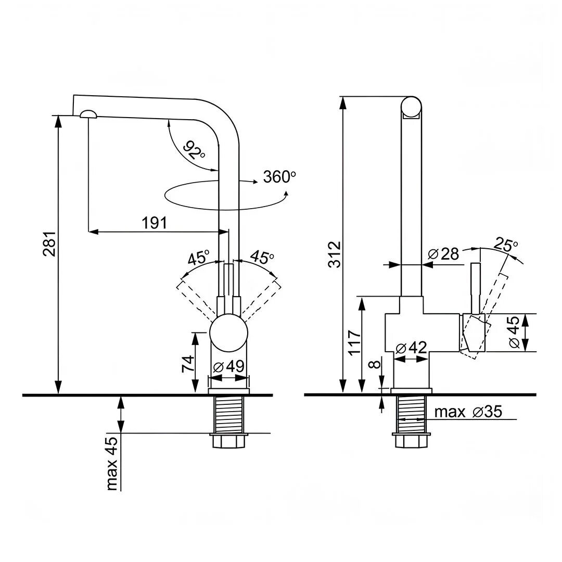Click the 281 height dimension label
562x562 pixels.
coord(49,244)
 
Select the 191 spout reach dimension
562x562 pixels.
coord(155,223)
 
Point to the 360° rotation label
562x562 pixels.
coord(279,177)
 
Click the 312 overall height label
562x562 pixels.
coord(335,254)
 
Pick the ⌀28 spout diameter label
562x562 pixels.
coord(443,254)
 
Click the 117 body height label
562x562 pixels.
coord(355,342)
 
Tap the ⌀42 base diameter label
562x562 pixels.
coord(411,347)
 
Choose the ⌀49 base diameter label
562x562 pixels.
coord(228,366)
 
